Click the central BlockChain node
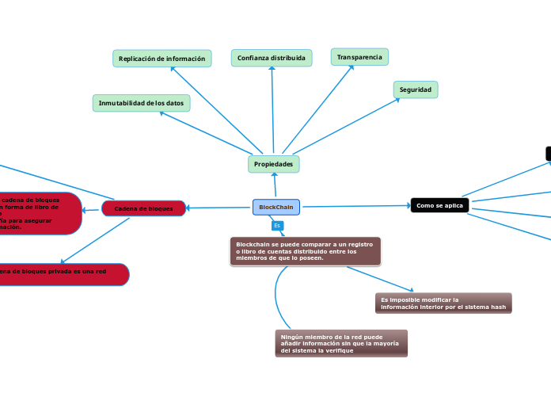[275, 207]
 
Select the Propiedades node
[273, 164]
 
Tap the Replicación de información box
[161, 59]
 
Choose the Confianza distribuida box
[272, 58]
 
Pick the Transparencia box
[359, 57]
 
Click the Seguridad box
[416, 90]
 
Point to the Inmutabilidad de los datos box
[141, 103]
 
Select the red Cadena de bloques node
[143, 208]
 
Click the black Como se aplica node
[439, 205]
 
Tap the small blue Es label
[277, 226]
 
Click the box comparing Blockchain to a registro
[305, 251]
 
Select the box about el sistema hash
[443, 303]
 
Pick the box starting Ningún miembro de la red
[340, 343]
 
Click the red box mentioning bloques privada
[63, 274]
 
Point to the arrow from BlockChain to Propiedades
[275, 185]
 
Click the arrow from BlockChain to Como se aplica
[356, 206]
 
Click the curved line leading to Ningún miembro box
[277, 301]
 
